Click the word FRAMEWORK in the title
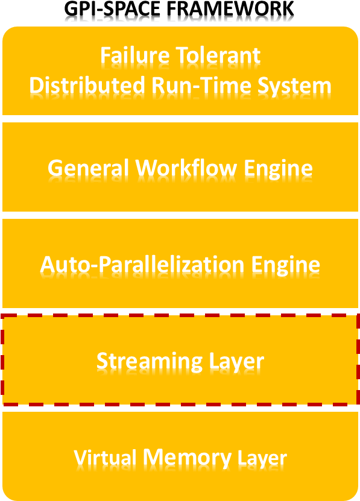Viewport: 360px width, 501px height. click(x=230, y=9)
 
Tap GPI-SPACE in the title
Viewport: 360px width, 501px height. click(x=112, y=9)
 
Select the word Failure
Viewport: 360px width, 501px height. click(x=134, y=55)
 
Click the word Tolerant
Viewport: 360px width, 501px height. click(x=218, y=55)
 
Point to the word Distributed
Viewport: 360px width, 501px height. click(x=87, y=86)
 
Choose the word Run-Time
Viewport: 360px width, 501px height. click(x=201, y=86)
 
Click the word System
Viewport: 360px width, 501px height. click(x=294, y=86)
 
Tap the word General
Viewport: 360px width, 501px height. click(x=88, y=168)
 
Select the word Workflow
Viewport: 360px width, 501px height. click(x=186, y=168)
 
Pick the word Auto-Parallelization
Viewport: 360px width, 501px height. click(x=142, y=265)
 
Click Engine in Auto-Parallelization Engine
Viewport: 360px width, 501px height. click(x=285, y=266)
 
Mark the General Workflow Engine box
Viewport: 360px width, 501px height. click(x=180, y=167)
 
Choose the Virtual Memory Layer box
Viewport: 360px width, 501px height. click(x=180, y=456)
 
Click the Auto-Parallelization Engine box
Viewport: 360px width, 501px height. click(x=180, y=263)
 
